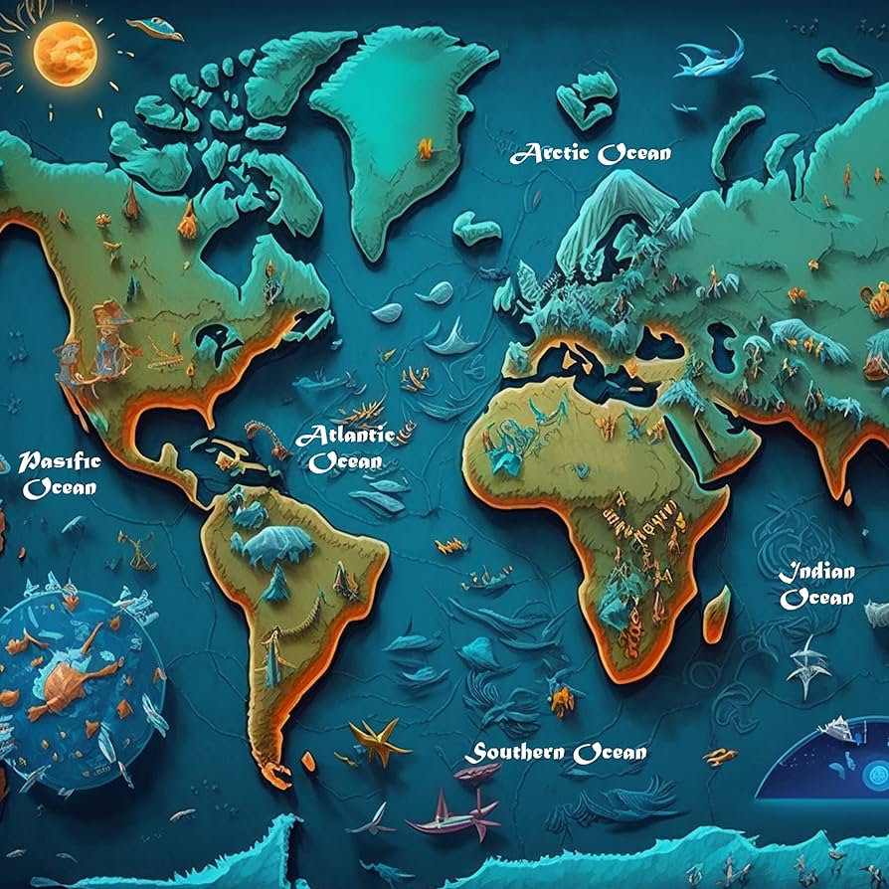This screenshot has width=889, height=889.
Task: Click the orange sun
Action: click(x=65, y=53)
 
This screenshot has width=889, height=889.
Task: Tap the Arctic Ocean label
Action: click(x=591, y=153)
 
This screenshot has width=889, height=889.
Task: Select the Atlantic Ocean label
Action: click(x=345, y=448)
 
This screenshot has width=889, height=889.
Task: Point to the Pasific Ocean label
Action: click(x=61, y=474)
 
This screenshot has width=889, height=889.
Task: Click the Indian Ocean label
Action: click(x=816, y=585)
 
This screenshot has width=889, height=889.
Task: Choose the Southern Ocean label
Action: click(x=559, y=753)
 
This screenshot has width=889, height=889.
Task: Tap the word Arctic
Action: click(x=551, y=153)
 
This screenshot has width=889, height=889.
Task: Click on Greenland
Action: click(x=398, y=119)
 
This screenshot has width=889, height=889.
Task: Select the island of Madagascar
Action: click(x=716, y=613)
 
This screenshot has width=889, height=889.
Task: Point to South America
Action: click(x=288, y=587)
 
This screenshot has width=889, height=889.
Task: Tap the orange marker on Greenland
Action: click(x=426, y=150)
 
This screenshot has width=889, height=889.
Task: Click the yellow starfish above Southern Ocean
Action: click(x=378, y=740)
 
